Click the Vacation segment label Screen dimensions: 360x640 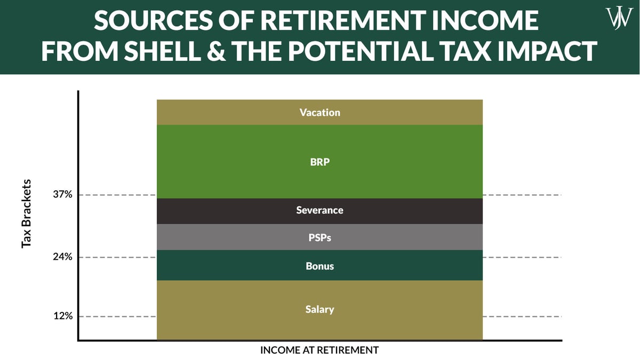pos(319,113)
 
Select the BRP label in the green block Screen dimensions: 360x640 pos(319,162)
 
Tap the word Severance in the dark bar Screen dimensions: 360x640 pos(319,210)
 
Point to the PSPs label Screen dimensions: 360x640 pos(319,237)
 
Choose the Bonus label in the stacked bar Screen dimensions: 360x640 pos(319,266)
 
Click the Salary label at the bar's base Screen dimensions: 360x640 pos(319,309)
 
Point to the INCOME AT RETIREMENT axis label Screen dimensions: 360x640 pos(319,350)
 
